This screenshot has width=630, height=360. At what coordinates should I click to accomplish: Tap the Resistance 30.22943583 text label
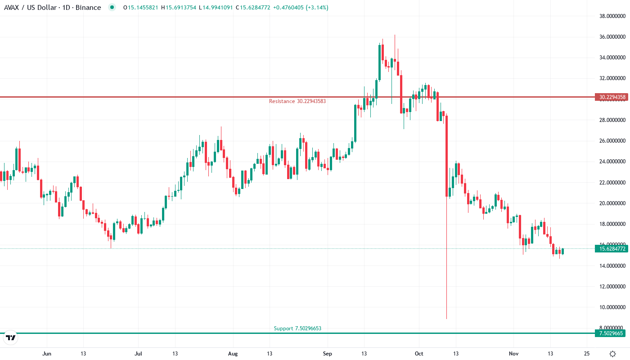tap(297, 101)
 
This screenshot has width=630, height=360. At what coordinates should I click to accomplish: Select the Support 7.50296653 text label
tap(297, 328)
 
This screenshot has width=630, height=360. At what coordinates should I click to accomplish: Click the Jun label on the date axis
tap(46, 354)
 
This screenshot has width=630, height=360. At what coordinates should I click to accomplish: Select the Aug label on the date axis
tap(232, 354)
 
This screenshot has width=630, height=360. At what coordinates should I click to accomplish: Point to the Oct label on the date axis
tap(419, 354)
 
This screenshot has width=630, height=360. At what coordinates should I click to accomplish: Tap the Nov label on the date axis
tap(513, 354)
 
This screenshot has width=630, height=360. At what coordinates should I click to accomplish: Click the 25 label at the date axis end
tap(587, 354)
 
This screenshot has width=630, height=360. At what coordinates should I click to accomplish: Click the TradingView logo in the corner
tap(10, 337)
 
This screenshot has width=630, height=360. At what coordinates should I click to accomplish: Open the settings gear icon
tap(612, 354)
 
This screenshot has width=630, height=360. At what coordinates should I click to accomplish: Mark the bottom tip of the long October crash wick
tap(447, 319)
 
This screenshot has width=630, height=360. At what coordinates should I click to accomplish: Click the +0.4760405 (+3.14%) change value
tap(301, 8)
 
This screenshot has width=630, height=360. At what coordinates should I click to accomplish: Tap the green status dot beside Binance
tap(112, 7)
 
